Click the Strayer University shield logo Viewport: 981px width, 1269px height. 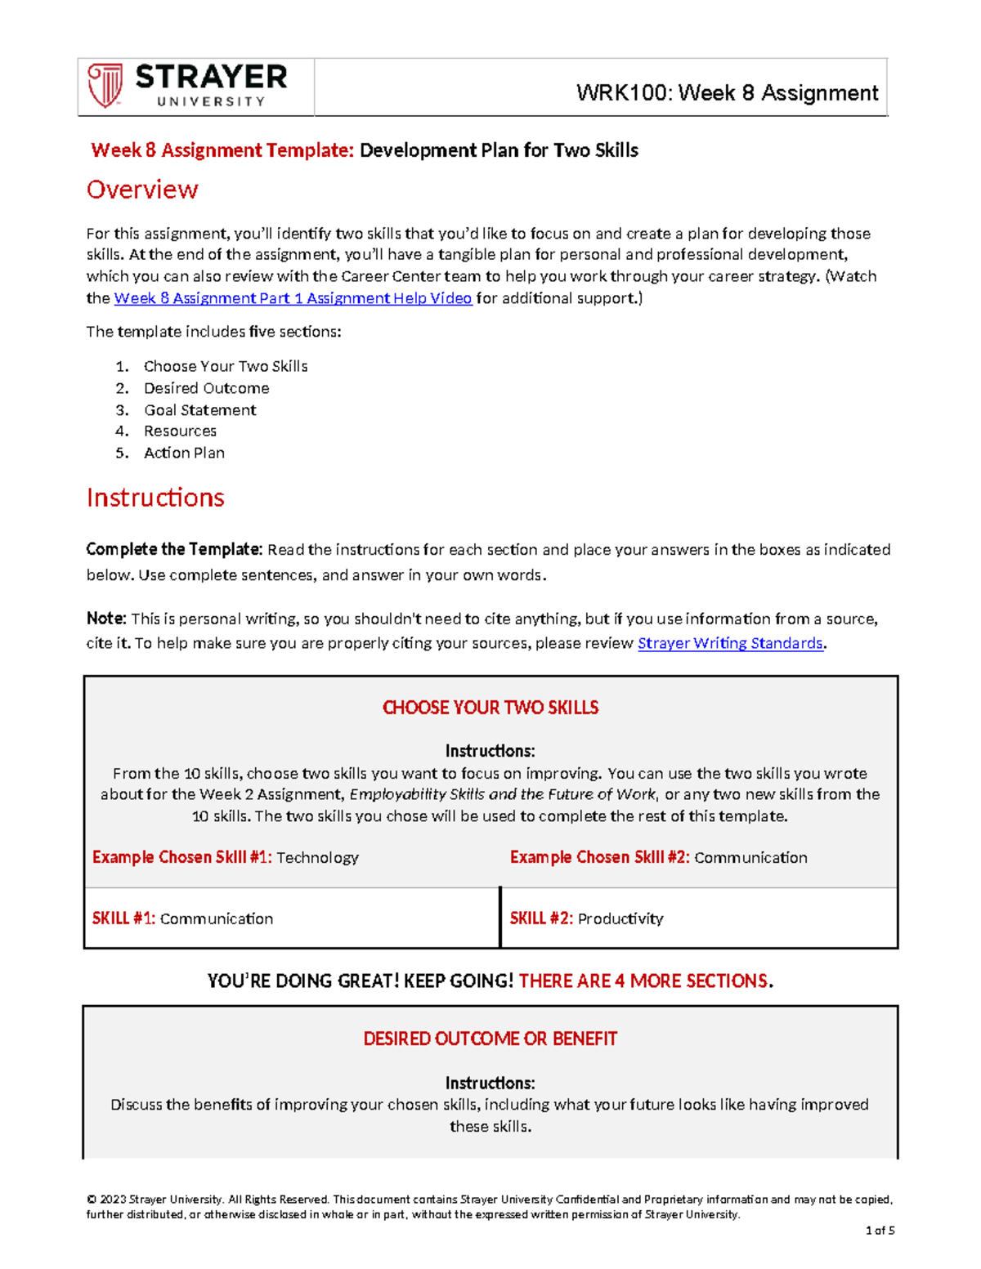click(105, 86)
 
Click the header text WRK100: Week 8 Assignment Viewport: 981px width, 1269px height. click(727, 93)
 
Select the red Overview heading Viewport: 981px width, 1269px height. click(142, 190)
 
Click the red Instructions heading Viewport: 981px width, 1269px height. click(155, 498)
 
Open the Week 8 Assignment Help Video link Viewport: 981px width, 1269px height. click(293, 298)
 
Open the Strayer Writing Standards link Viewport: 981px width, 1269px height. click(730, 643)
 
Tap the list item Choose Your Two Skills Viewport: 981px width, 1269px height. click(226, 366)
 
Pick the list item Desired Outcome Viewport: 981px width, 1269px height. click(207, 388)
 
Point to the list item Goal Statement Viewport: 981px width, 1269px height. click(200, 410)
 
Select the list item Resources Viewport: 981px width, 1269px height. click(181, 431)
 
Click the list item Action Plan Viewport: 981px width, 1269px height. click(185, 453)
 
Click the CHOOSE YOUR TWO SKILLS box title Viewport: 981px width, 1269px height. click(490, 708)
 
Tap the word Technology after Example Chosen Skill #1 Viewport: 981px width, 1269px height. click(317, 857)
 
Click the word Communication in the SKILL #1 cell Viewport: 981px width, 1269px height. click(217, 918)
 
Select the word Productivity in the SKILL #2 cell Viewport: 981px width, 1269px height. click(620, 918)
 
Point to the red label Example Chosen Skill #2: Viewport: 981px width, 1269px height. click(600, 857)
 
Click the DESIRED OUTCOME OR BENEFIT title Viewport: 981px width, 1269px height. click(490, 1039)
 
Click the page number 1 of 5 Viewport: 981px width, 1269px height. click(880, 1231)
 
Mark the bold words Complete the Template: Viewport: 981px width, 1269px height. click(174, 549)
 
